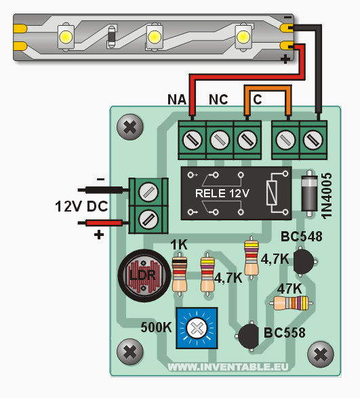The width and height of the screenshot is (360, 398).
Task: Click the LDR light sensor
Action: click(x=144, y=276)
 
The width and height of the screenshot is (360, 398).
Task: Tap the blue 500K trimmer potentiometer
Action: click(x=197, y=328)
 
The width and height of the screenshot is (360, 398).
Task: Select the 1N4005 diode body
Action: click(x=309, y=193)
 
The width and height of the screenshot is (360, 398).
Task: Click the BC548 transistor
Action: click(x=303, y=261)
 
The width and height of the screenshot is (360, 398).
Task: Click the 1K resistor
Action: click(x=180, y=275)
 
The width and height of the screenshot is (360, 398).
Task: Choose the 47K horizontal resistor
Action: click(x=292, y=303)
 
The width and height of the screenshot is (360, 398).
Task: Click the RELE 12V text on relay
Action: click(x=222, y=193)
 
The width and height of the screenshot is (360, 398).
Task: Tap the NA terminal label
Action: click(x=177, y=100)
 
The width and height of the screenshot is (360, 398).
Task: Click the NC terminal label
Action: click(x=218, y=100)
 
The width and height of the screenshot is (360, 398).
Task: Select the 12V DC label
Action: click(x=81, y=206)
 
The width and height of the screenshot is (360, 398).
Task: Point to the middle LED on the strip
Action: click(x=154, y=37)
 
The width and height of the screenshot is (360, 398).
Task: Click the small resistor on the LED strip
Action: click(x=111, y=37)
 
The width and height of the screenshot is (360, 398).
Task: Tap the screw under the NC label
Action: click(x=220, y=140)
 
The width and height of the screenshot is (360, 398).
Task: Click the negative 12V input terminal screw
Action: click(x=148, y=192)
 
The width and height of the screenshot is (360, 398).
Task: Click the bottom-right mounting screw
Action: click(x=321, y=355)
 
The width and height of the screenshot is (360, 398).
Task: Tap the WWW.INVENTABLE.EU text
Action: click(x=228, y=367)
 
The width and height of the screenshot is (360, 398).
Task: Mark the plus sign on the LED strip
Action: click(x=286, y=60)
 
